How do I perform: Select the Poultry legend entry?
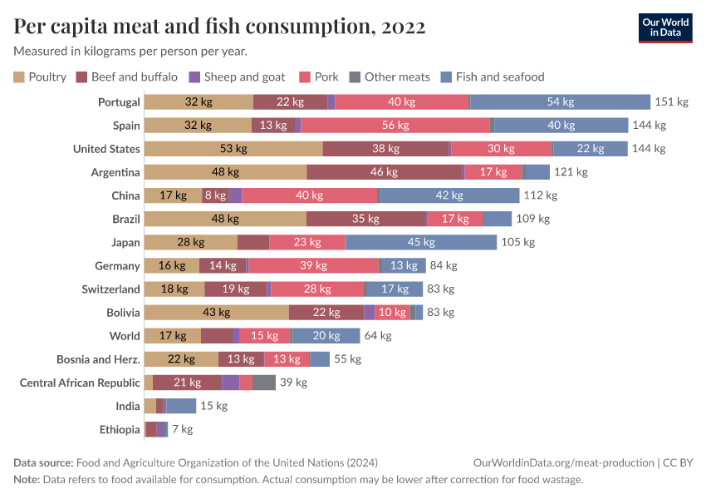tap(40, 77)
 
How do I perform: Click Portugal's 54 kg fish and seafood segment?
tap(560, 102)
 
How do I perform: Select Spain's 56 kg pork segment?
tap(395, 126)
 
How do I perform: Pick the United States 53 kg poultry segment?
tap(233, 149)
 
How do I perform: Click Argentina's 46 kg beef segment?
tap(385, 172)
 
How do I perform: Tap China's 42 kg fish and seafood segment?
tap(449, 195)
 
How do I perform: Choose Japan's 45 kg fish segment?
tap(421, 242)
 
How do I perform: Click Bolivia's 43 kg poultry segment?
tap(216, 312)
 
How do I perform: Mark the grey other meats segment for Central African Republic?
tap(264, 383)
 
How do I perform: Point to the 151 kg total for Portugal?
tap(672, 102)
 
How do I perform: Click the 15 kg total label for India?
tap(213, 406)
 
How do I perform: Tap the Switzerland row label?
tap(110, 289)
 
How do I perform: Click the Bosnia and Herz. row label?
tap(98, 359)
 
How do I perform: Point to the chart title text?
tap(219, 27)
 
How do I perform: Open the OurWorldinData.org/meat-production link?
tap(562, 462)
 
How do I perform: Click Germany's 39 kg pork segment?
tap(313, 265)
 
